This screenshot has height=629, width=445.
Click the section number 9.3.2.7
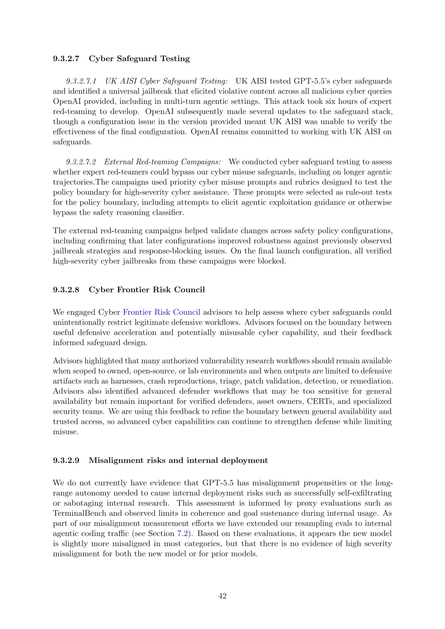[66, 58]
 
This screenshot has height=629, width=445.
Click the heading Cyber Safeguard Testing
[139, 58]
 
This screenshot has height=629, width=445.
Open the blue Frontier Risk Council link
[162, 312]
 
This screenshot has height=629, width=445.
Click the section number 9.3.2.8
[66, 290]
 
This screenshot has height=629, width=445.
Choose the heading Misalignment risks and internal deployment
[178, 460]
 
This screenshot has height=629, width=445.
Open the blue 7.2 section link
[183, 533]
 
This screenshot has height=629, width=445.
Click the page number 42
[222, 596]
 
